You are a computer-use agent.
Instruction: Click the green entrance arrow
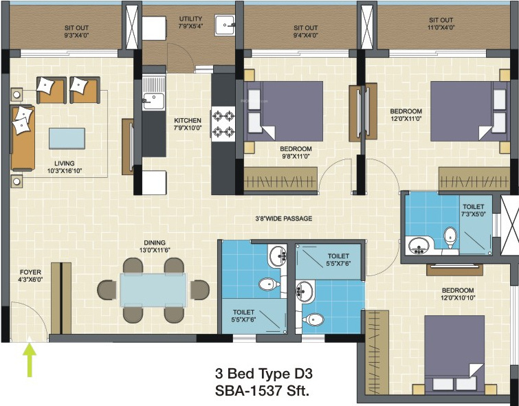pyautogui.click(x=30, y=361)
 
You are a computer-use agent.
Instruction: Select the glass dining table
pyautogui.click(x=153, y=289)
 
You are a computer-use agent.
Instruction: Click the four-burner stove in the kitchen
pyautogui.click(x=223, y=124)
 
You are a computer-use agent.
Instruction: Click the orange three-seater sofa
pyautogui.click(x=22, y=138)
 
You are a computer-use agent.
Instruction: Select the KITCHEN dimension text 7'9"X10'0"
pyautogui.click(x=188, y=128)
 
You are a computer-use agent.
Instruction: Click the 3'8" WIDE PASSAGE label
pyautogui.click(x=283, y=218)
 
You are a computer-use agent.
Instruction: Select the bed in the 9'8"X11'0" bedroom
pyautogui.click(x=283, y=111)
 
